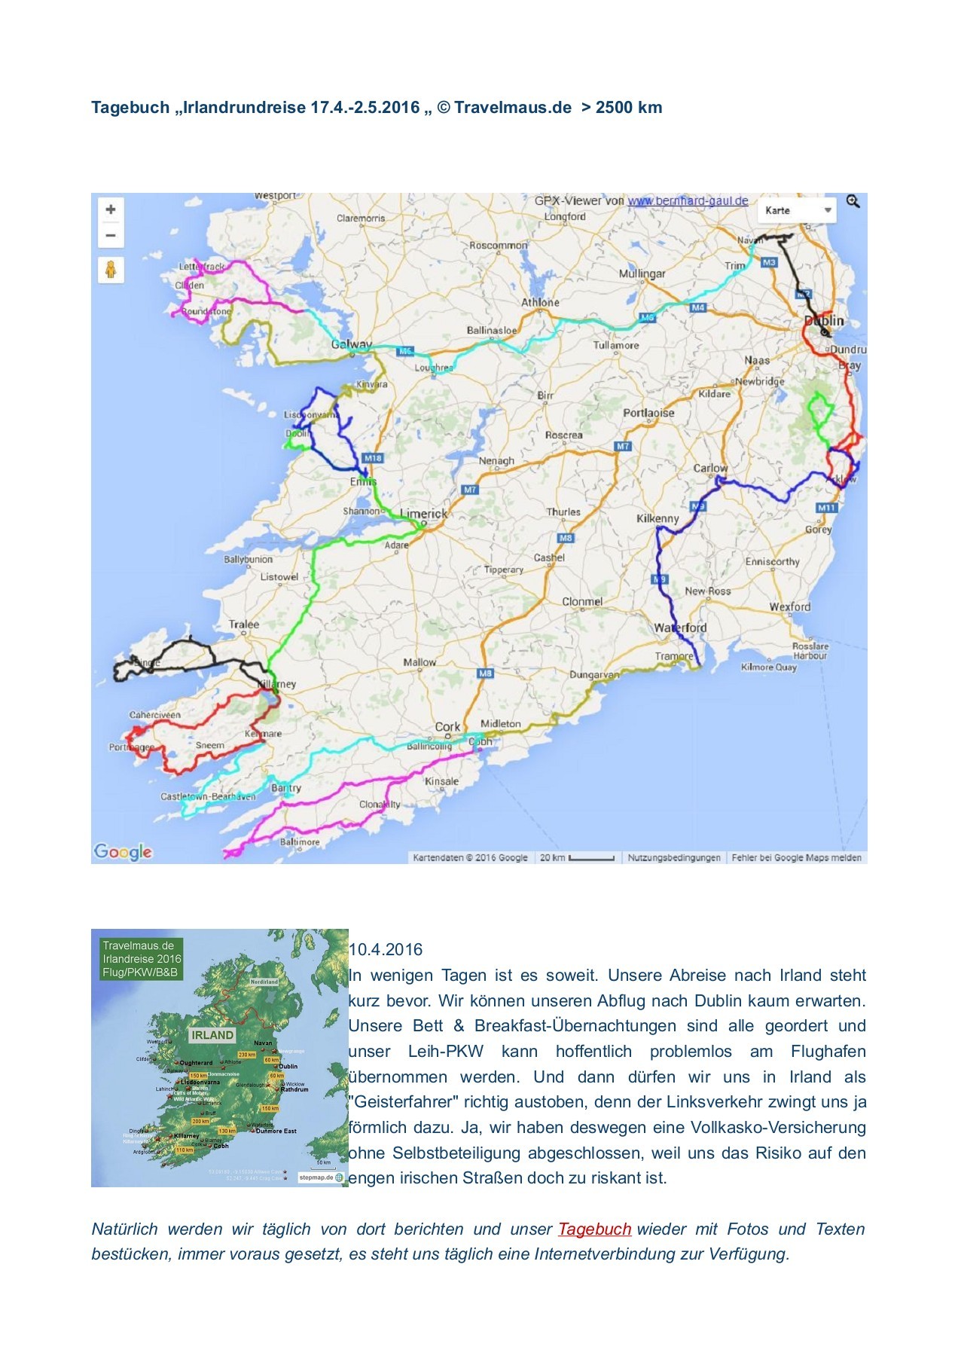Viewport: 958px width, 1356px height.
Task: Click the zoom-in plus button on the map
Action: pyautogui.click(x=111, y=209)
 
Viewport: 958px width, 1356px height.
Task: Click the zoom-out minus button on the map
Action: pyautogui.click(x=111, y=236)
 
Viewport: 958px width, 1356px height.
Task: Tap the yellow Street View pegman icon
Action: pyautogui.click(x=111, y=270)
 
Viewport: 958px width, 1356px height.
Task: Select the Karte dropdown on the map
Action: pyautogui.click(x=797, y=210)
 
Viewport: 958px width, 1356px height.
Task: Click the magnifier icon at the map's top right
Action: pyautogui.click(x=853, y=201)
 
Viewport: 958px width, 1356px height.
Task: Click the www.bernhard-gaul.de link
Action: pyautogui.click(x=688, y=200)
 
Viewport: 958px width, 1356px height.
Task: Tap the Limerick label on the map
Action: pyautogui.click(x=423, y=514)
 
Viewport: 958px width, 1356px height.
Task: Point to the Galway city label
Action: pyautogui.click(x=352, y=344)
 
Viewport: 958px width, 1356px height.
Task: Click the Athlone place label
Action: pyautogui.click(x=540, y=302)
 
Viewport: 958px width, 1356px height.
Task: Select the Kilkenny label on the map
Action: pyautogui.click(x=657, y=518)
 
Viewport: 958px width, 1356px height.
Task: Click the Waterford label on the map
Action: pyautogui.click(x=680, y=628)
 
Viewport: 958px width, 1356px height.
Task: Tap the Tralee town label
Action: pyautogui.click(x=243, y=624)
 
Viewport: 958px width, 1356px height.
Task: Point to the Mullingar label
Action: pyautogui.click(x=642, y=273)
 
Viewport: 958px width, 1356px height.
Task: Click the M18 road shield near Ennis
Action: pyautogui.click(x=373, y=458)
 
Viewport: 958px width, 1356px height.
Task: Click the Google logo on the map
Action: pyautogui.click(x=123, y=852)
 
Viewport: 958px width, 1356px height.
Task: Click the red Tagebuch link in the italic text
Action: pyautogui.click(x=594, y=1229)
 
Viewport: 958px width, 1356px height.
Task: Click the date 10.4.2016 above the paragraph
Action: pyautogui.click(x=386, y=949)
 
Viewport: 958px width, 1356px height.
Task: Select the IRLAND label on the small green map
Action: pyautogui.click(x=212, y=1035)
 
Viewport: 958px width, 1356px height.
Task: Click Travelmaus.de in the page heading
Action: pyautogui.click(x=512, y=107)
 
